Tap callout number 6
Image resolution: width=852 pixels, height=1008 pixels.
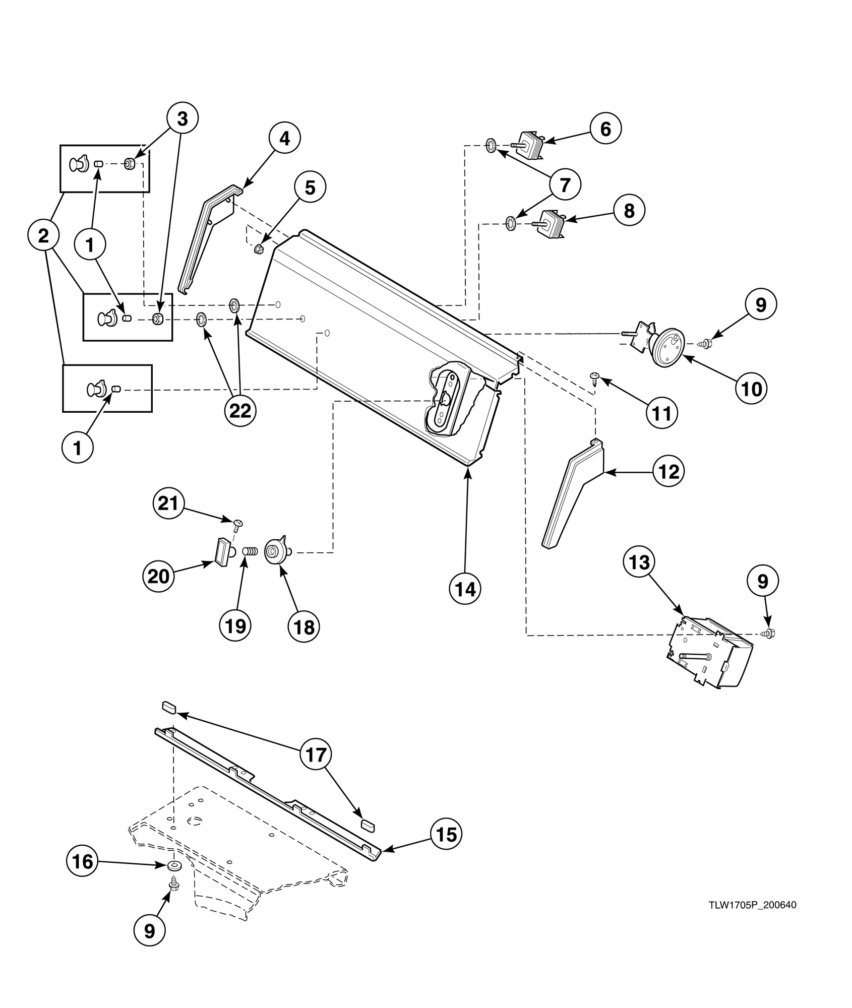605,129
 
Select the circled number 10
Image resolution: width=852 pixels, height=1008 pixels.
751,389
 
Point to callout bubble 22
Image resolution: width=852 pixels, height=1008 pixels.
240,411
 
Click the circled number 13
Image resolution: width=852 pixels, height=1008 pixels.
640,561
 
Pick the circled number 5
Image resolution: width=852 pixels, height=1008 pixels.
310,188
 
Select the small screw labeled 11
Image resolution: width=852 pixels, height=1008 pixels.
595,377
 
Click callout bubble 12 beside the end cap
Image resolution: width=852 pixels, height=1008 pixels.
668,472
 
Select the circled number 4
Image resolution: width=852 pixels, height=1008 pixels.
285,138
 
